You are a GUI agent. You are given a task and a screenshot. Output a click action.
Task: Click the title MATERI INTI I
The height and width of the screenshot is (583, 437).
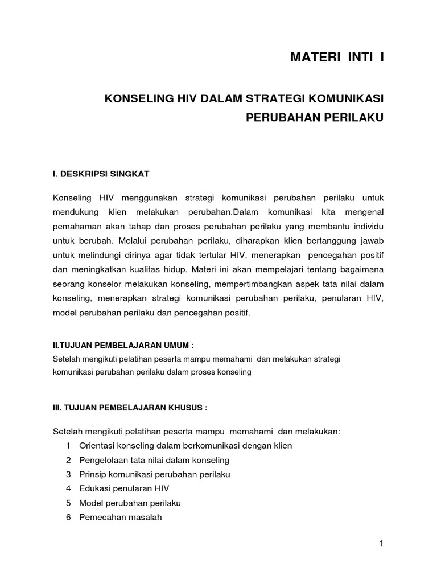(x=337, y=58)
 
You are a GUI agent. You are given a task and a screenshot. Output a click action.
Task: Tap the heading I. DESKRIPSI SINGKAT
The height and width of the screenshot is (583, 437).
(x=100, y=173)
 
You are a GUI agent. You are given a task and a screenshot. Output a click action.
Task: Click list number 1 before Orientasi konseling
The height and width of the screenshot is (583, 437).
(x=68, y=446)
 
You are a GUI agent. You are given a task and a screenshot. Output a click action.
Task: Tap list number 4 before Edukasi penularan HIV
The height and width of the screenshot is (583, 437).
(x=68, y=489)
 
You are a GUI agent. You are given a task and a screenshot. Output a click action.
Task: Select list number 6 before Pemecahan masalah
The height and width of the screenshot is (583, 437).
(x=68, y=518)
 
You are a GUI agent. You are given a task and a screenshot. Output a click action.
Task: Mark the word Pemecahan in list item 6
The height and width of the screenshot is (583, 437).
(x=100, y=518)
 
